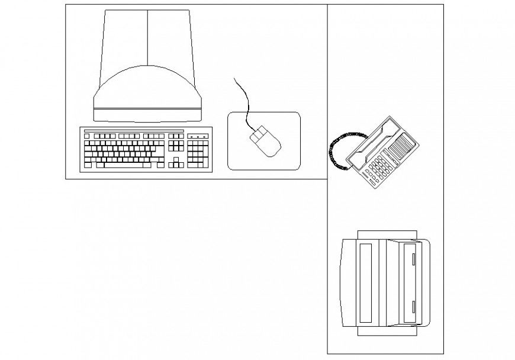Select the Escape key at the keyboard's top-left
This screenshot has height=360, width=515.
87,136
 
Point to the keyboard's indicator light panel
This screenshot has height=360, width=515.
198,136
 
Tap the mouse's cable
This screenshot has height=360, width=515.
244,101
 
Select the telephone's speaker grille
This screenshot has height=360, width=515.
403,145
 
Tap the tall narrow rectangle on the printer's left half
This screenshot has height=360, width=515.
366,281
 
